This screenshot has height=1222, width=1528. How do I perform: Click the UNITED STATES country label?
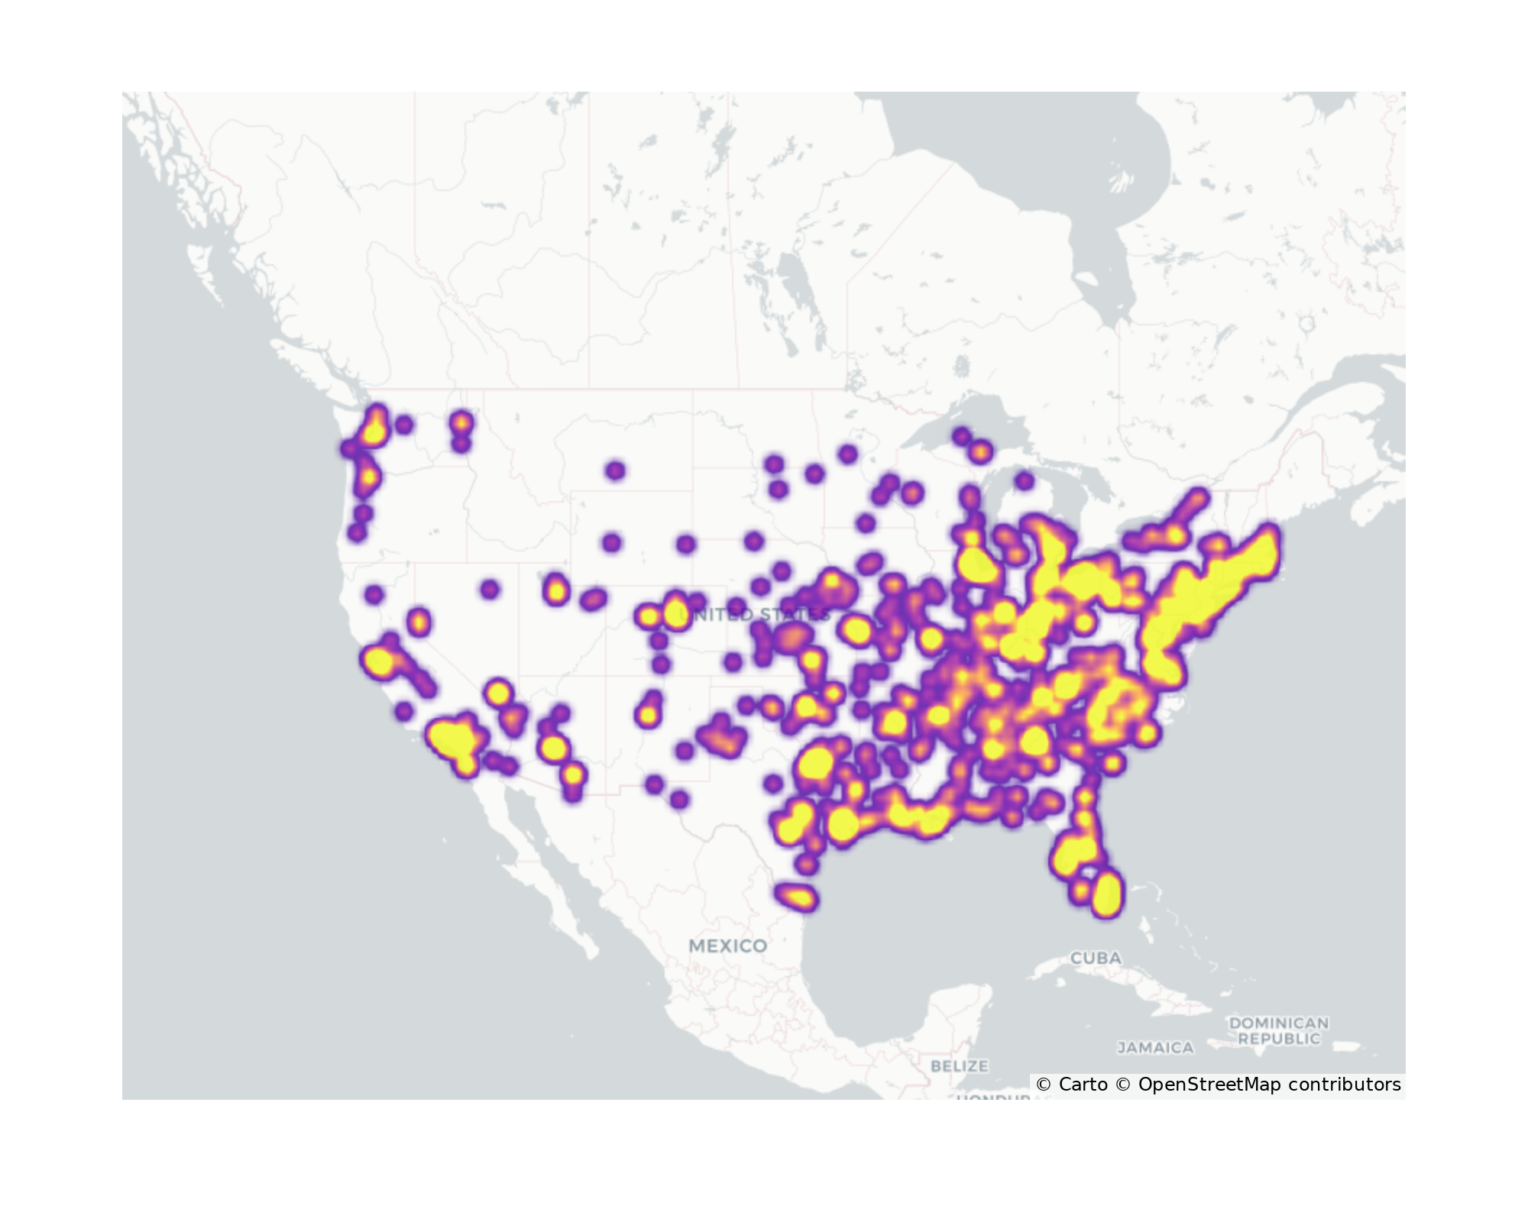point(754,615)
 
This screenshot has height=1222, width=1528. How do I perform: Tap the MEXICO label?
point(727,946)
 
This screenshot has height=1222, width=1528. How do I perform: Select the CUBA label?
point(1096,958)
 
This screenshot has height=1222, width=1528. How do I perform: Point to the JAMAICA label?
point(1155,1048)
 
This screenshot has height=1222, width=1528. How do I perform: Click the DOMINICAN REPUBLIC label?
point(1278,1030)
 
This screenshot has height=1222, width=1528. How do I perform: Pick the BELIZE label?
point(959,1065)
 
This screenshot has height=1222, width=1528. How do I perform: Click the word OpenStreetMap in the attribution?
point(1209,1085)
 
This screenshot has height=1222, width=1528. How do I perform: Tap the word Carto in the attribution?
point(1083,1085)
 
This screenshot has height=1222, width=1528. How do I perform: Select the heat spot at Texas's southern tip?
point(796,896)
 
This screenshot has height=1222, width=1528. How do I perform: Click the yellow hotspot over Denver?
point(675,613)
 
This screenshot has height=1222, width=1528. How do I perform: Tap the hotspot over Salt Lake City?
point(556,590)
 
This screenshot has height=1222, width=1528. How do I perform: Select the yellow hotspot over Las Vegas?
point(498,693)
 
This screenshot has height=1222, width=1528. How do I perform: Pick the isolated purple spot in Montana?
point(615,470)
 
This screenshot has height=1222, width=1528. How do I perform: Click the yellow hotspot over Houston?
point(842,823)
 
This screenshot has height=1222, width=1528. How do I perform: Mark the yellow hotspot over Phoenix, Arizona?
point(553,748)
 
